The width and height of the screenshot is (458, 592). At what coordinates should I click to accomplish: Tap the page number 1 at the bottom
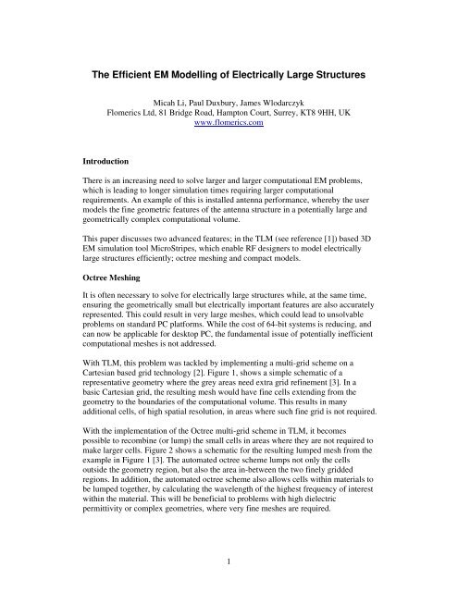coord(229,561)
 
